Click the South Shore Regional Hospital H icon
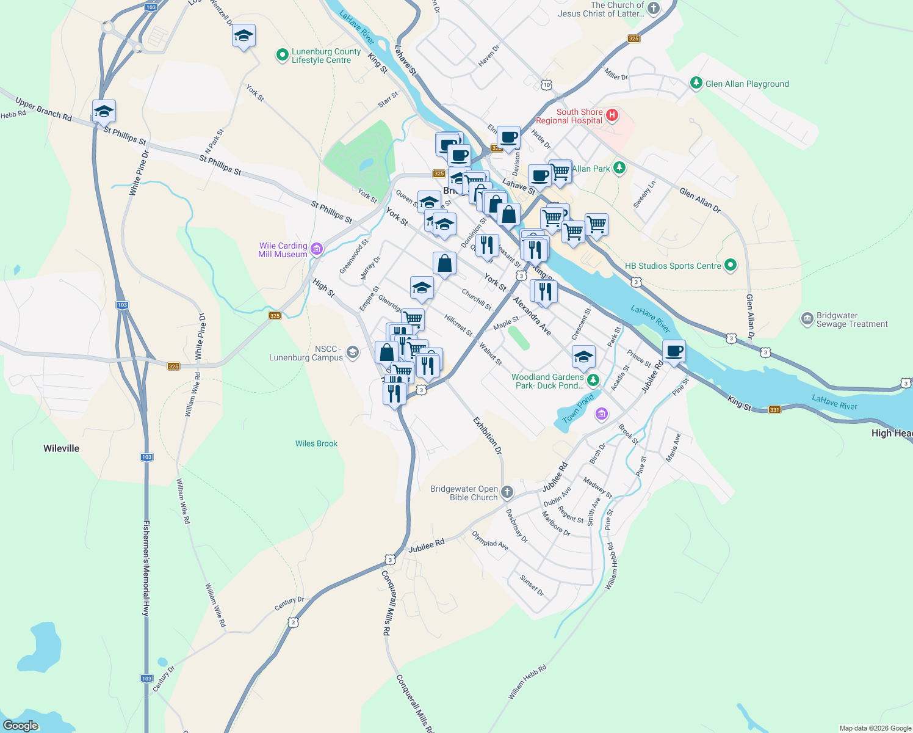[x=613, y=115]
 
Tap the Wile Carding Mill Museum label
[x=283, y=250]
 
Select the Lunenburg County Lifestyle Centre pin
[x=282, y=55]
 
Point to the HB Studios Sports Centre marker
[x=730, y=265]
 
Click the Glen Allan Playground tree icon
[x=696, y=82]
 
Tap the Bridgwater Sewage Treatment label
[x=852, y=320]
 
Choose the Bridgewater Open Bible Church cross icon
[x=507, y=492]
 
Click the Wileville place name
[x=61, y=448]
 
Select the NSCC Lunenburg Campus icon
[x=352, y=352]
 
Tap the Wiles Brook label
[x=316, y=443]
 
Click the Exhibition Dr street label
[x=488, y=436]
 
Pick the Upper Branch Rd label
[x=43, y=109]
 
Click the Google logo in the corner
[x=21, y=726]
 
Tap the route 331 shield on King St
[x=774, y=410]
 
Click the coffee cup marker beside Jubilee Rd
[x=674, y=352]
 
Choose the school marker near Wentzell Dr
[x=244, y=37]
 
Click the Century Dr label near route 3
[x=289, y=604]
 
